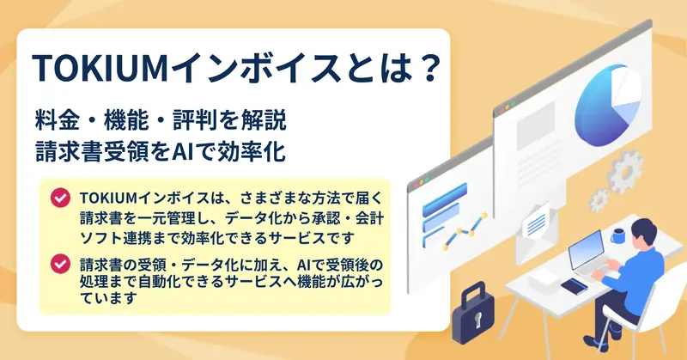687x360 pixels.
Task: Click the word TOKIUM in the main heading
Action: [x=100, y=69]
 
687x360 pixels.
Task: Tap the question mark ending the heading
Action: [x=426, y=68]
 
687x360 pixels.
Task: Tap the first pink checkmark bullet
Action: [x=60, y=198]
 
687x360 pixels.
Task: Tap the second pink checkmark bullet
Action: [x=60, y=264]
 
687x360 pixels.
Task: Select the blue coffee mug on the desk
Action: [x=618, y=236]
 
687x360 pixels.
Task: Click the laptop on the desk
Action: [x=589, y=258]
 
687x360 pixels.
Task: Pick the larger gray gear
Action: [x=626, y=172]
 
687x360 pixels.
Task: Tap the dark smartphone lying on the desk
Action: [x=574, y=286]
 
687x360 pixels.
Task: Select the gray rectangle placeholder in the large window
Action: [x=536, y=125]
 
